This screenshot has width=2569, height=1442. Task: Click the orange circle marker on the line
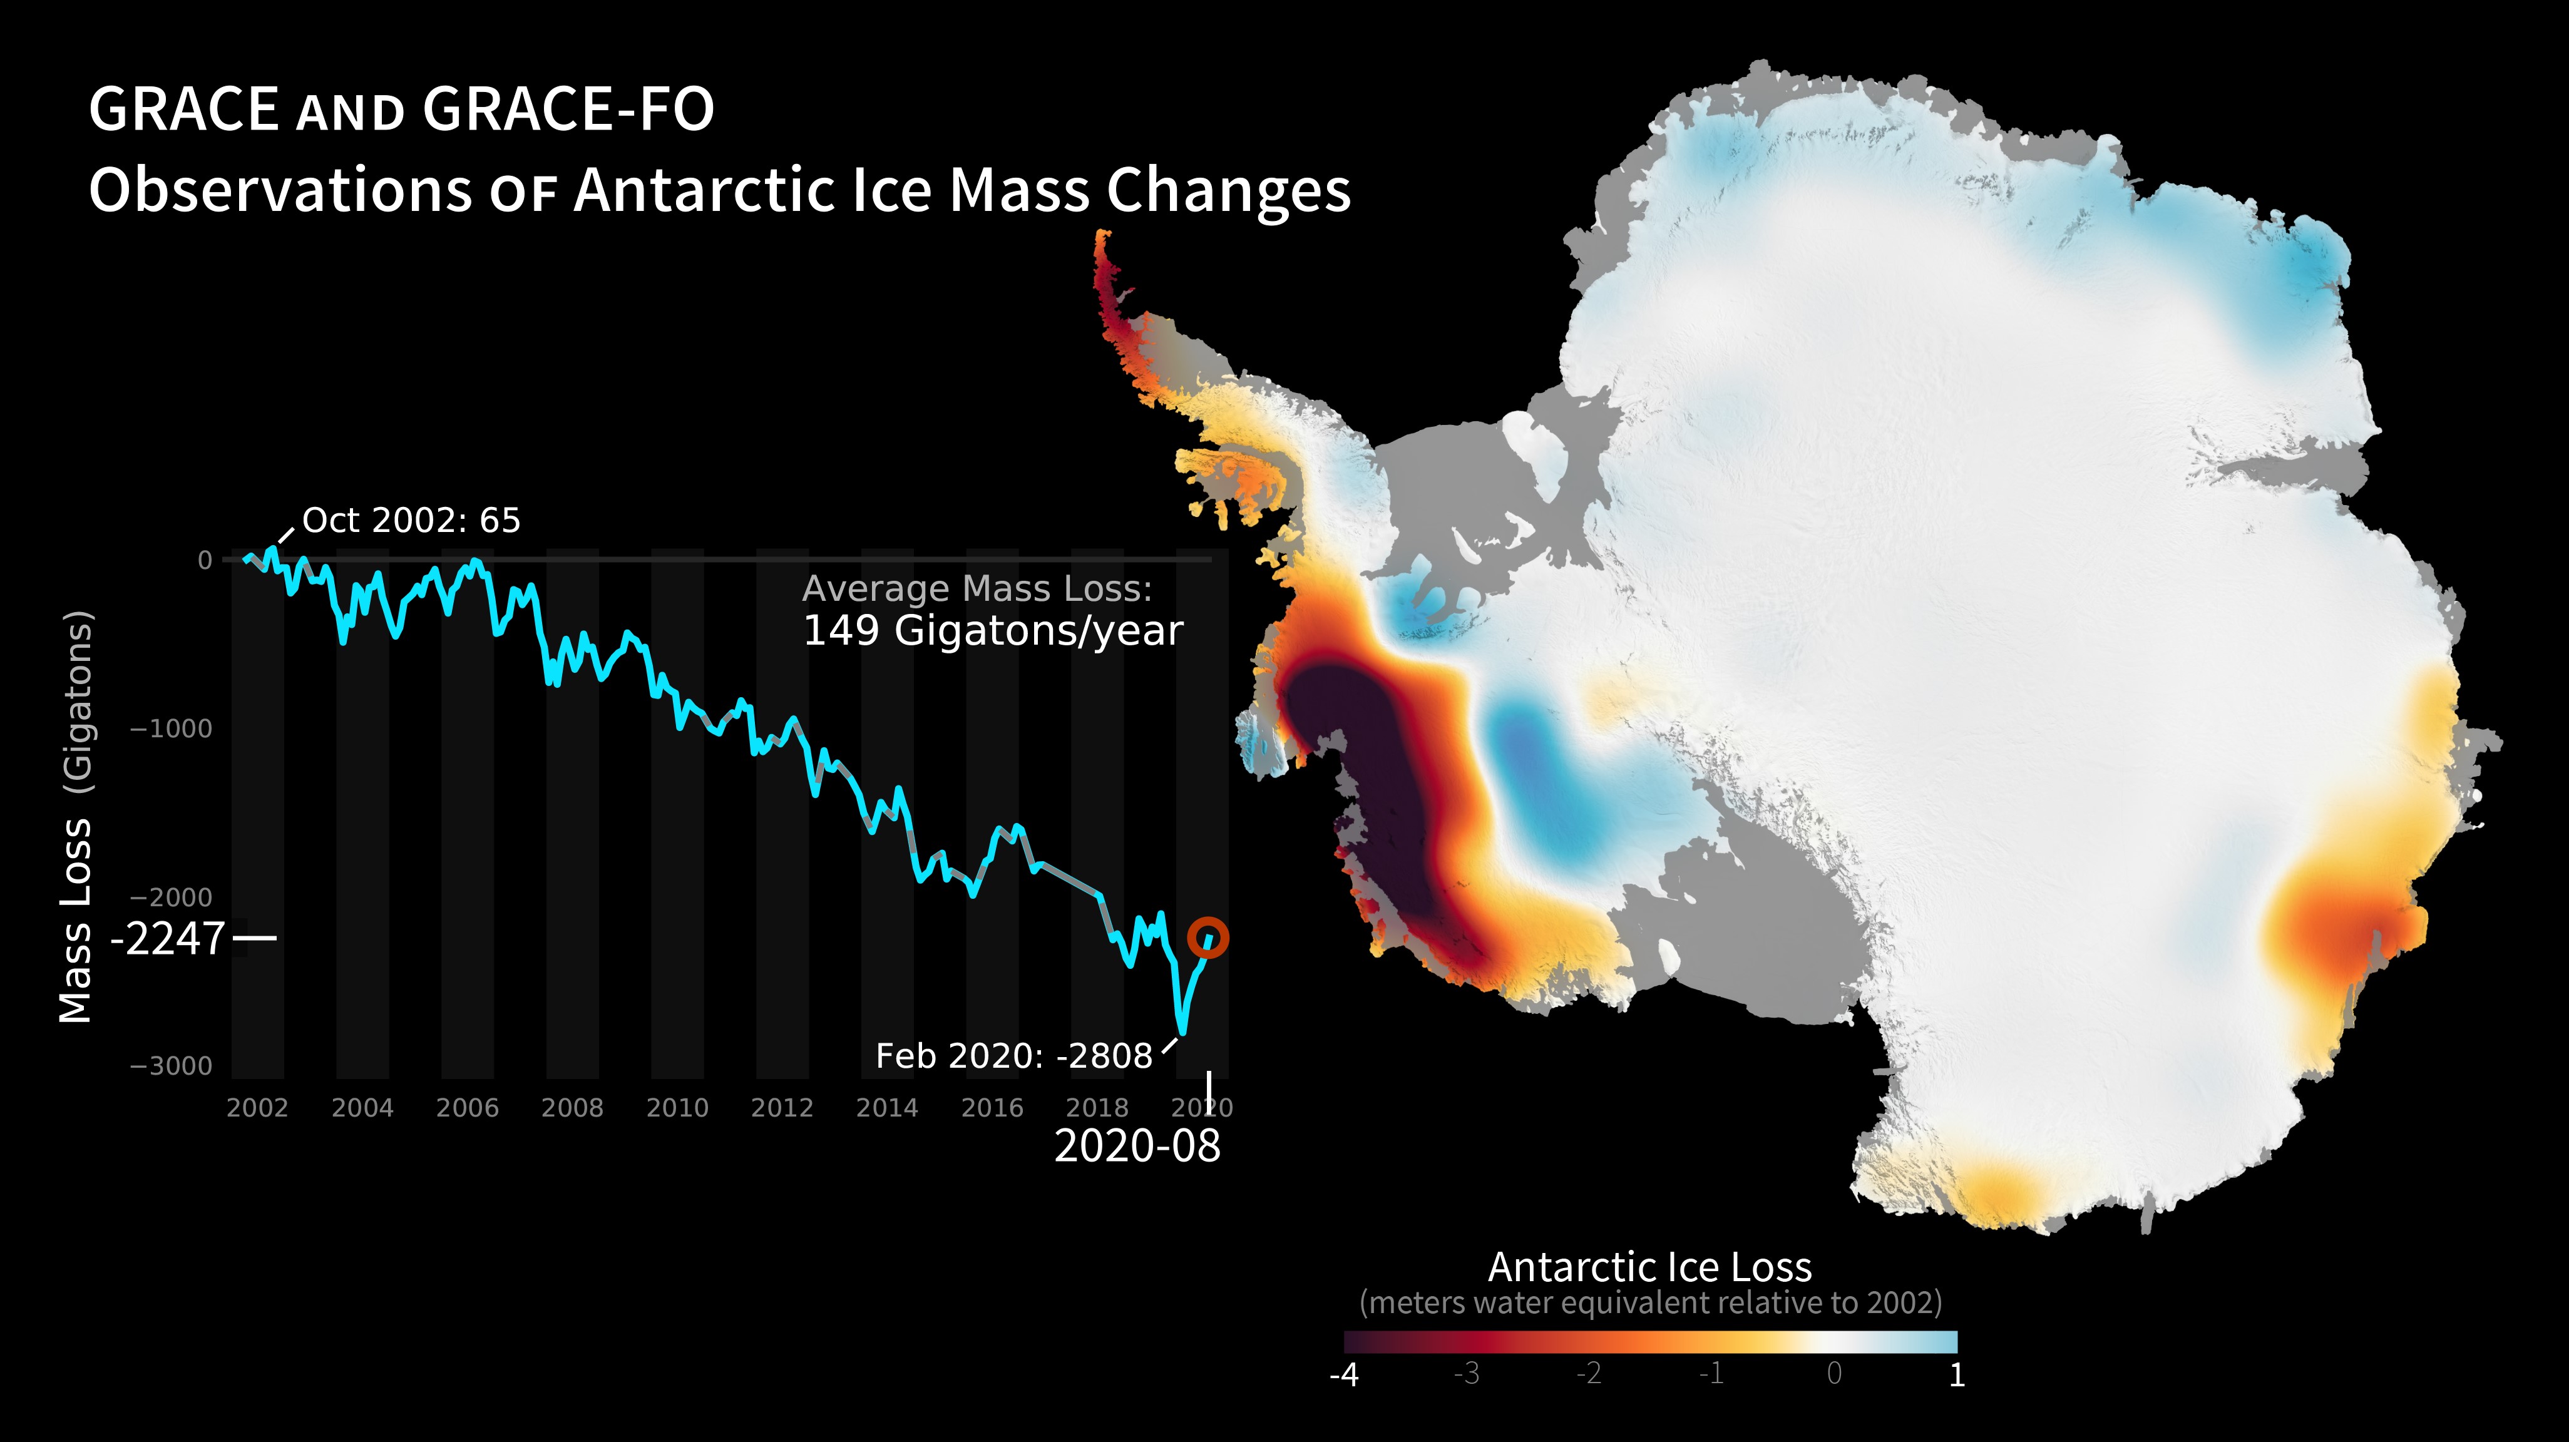(x=1208, y=938)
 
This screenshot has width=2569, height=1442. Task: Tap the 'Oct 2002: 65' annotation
(x=411, y=521)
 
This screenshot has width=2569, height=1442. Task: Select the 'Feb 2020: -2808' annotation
(x=1013, y=1056)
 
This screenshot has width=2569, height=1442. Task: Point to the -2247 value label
(x=168, y=938)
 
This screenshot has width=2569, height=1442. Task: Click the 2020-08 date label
(x=1137, y=1146)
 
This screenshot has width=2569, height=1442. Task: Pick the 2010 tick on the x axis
(x=677, y=1108)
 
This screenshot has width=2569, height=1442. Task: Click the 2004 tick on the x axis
(x=362, y=1108)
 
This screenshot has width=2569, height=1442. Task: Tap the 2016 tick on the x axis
(x=992, y=1108)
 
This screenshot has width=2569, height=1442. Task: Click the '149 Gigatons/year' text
(x=992, y=632)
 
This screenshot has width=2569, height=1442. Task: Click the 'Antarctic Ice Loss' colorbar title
(x=1649, y=1267)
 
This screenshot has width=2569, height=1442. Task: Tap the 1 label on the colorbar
(x=1957, y=1375)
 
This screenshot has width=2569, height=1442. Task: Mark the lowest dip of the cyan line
(x=1182, y=1032)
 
